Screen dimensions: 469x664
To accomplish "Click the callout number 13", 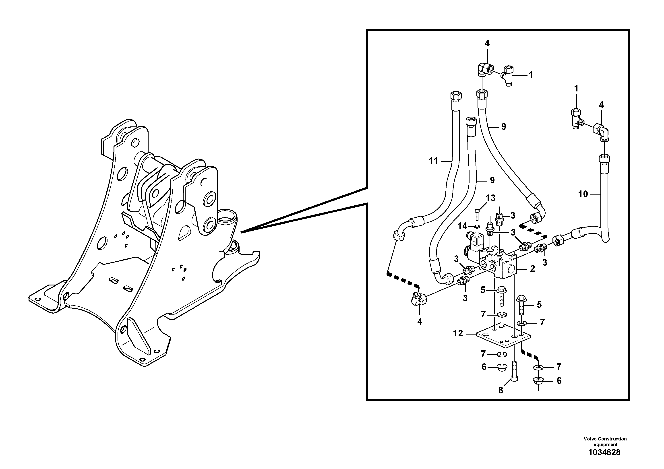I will point(490,198).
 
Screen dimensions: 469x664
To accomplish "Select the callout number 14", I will point(462,226).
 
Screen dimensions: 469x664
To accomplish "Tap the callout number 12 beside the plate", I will point(458,333).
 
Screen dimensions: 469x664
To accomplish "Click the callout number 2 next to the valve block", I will point(532,269).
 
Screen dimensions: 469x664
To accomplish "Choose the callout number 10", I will point(583,194).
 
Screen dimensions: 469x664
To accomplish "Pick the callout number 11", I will point(433,161).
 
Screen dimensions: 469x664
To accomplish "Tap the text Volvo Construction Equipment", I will point(605,442).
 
